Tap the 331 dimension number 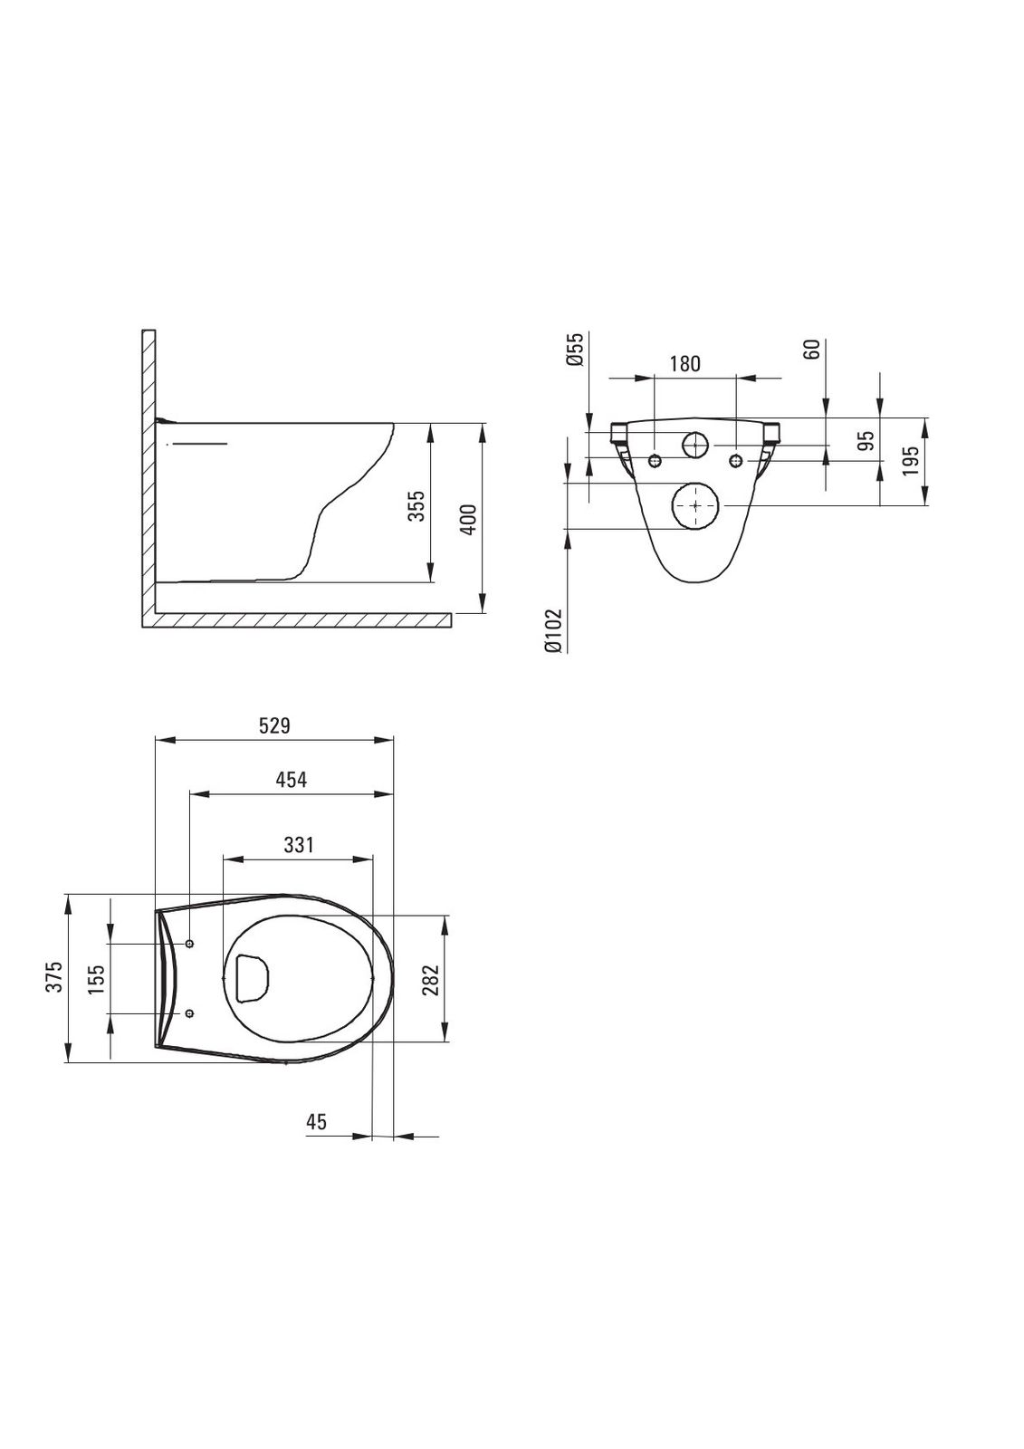298,845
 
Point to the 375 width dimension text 55,977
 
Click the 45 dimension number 316,1121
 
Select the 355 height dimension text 417,505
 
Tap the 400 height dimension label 467,519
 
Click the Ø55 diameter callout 575,350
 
